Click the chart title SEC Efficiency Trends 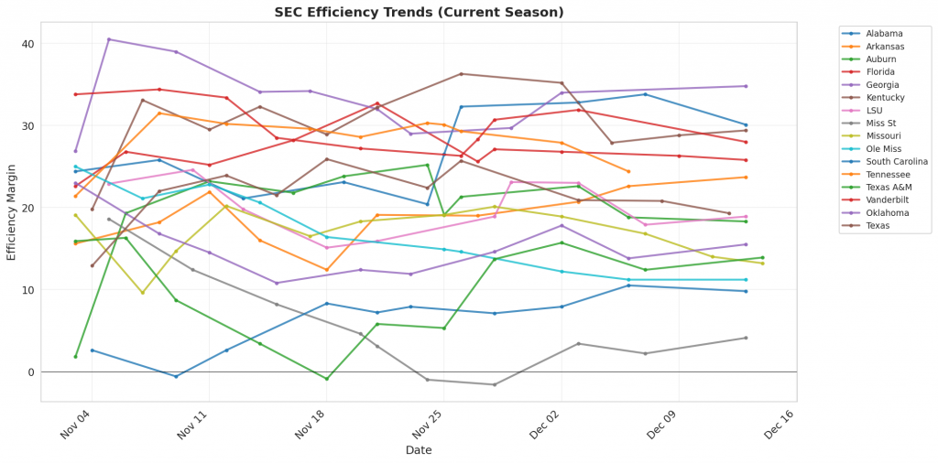tap(419, 12)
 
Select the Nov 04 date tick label tap(76, 425)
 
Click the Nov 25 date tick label tap(428, 425)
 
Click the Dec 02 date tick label tap(545, 425)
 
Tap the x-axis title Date tap(420, 450)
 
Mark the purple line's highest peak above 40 tap(109, 39)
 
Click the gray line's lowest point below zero tap(495, 384)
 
